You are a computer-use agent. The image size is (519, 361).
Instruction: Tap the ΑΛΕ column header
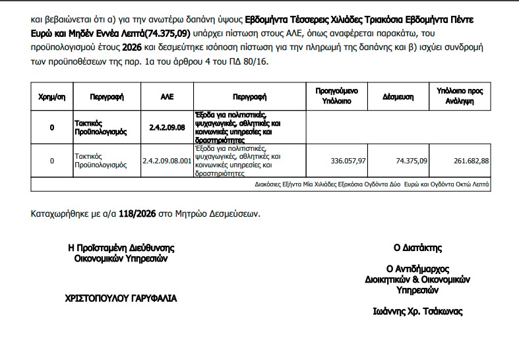166,97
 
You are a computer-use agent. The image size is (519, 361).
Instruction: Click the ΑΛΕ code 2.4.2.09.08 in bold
166,127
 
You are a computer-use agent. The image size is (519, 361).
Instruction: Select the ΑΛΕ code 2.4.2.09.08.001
166,161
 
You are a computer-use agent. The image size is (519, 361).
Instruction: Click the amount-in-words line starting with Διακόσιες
372,185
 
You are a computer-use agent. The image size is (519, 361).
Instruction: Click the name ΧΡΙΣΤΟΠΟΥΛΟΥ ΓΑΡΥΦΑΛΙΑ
121,298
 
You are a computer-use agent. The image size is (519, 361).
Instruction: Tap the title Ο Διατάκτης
417,248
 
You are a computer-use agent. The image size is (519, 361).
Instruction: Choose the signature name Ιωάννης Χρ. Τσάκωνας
417,312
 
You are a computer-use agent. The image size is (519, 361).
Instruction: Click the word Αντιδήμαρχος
417,269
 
